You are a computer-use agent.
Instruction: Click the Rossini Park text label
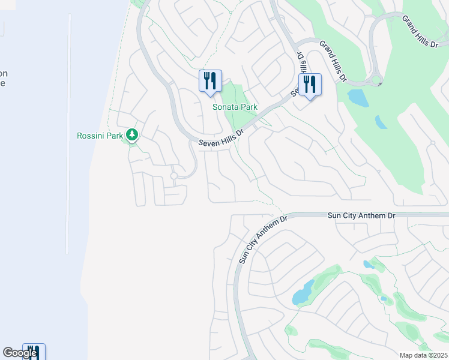[x=100, y=136]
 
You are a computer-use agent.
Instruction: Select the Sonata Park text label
[x=235, y=107]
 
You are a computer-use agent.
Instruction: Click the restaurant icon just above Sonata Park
[x=210, y=80]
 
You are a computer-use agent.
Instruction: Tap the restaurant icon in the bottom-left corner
[x=34, y=353]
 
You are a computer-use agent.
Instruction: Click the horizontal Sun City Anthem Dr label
[x=362, y=215]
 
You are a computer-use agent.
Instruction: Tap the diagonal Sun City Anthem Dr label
[x=263, y=239]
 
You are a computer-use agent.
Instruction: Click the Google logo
[x=20, y=353]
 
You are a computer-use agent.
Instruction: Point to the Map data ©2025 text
[x=423, y=355]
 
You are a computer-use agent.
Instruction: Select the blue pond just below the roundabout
[x=358, y=97]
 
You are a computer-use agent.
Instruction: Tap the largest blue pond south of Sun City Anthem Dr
[x=303, y=293]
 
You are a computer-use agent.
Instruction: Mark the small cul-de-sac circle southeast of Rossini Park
[x=173, y=176]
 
